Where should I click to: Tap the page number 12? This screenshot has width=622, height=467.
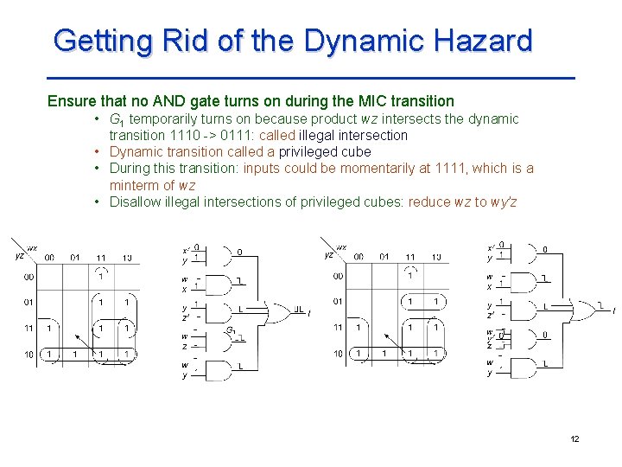[x=574, y=439]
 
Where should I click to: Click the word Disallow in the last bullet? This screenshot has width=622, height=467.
[x=135, y=202]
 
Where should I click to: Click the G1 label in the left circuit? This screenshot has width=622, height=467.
[x=231, y=330]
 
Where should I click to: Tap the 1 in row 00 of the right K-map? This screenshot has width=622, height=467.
[x=410, y=276]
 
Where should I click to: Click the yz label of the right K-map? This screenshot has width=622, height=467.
[x=328, y=255]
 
